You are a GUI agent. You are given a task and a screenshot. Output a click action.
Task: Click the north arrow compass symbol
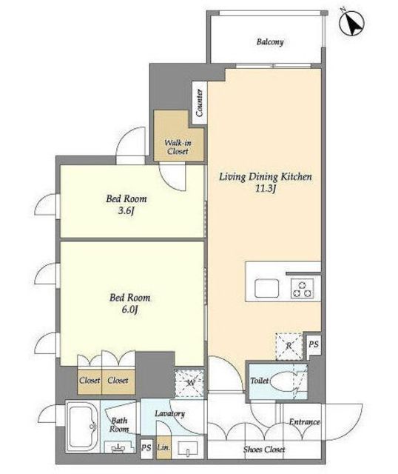352,23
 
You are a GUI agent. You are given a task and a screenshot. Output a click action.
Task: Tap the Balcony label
270,41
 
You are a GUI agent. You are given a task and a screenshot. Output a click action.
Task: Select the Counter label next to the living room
199,102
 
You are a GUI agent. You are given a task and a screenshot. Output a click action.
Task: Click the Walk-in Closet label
178,147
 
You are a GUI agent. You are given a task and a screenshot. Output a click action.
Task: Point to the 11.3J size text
266,189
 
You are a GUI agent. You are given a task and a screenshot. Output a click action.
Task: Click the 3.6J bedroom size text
127,210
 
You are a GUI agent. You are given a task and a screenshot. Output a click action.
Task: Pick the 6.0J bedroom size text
130,310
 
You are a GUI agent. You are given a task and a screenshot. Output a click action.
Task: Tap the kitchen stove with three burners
303,289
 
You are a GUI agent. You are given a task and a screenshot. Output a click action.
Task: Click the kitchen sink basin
266,288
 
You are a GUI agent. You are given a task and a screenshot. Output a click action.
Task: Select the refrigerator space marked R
289,346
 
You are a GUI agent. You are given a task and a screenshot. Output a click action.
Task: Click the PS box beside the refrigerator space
314,344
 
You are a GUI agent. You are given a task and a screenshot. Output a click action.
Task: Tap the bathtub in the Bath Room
82,427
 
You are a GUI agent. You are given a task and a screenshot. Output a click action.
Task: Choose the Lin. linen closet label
163,447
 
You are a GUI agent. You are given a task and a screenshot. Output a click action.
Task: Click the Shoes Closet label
264,450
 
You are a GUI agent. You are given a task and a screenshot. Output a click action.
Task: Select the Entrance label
304,421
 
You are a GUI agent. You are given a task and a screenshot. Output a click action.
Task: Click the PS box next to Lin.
146,447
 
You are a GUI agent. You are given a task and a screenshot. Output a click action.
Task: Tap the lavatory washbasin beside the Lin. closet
187,448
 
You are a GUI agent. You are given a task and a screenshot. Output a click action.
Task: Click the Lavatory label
169,413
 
